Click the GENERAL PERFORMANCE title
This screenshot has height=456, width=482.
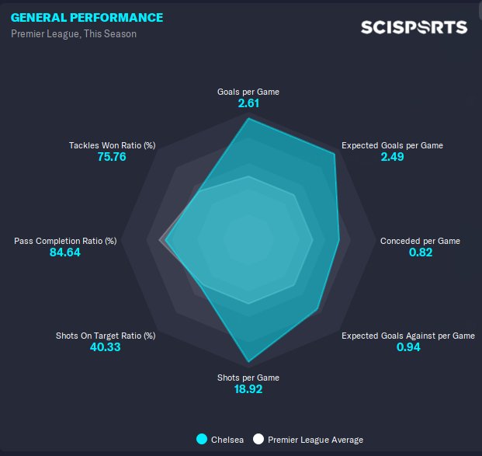[x=87, y=18]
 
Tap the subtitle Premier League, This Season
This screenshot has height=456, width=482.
[x=74, y=34]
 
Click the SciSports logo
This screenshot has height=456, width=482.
[x=414, y=27]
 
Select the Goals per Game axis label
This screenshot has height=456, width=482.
[x=248, y=92]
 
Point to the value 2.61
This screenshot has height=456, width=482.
[x=248, y=103]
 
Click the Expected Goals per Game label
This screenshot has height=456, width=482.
[x=393, y=145]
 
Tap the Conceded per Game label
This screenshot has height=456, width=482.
[x=420, y=241]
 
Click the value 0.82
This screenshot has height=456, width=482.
[x=420, y=252]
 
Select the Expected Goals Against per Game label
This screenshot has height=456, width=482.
[x=408, y=336]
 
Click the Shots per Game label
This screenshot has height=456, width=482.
[x=248, y=378]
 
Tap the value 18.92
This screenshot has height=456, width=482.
[x=248, y=389]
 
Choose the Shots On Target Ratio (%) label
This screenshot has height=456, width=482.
[x=106, y=336]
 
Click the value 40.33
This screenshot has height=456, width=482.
[x=106, y=347]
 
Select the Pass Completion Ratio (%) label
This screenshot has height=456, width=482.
[x=65, y=241]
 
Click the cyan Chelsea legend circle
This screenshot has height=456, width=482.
[x=203, y=439]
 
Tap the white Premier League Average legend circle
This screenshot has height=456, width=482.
[x=259, y=439]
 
